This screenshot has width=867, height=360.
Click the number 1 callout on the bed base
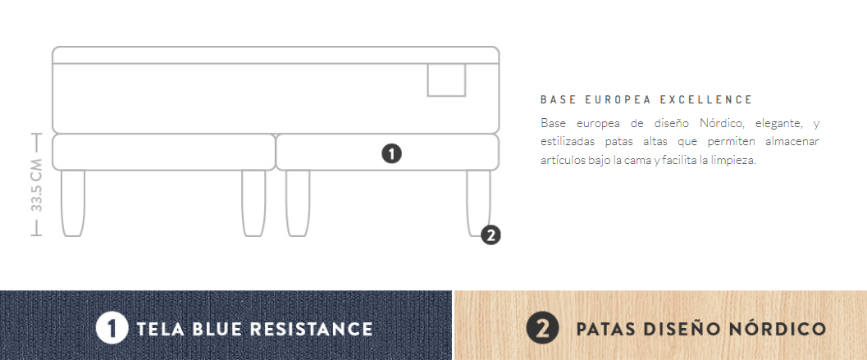[x=391, y=153]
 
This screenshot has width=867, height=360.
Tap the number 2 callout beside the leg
[x=491, y=235]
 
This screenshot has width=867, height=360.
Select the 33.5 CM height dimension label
[x=36, y=185]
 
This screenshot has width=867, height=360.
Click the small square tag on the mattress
[x=446, y=80]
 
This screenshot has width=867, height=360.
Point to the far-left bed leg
[x=73, y=203]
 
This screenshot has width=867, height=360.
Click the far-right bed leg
[x=478, y=203]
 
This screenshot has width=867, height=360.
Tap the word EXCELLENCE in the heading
[x=706, y=100]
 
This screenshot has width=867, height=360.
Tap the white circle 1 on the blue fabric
[x=112, y=329]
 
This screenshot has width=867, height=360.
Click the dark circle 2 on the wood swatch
[x=542, y=329]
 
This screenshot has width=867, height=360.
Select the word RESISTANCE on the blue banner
[x=311, y=329]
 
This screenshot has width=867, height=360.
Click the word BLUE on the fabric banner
[x=218, y=329]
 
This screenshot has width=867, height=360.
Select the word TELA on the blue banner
[x=161, y=329]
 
